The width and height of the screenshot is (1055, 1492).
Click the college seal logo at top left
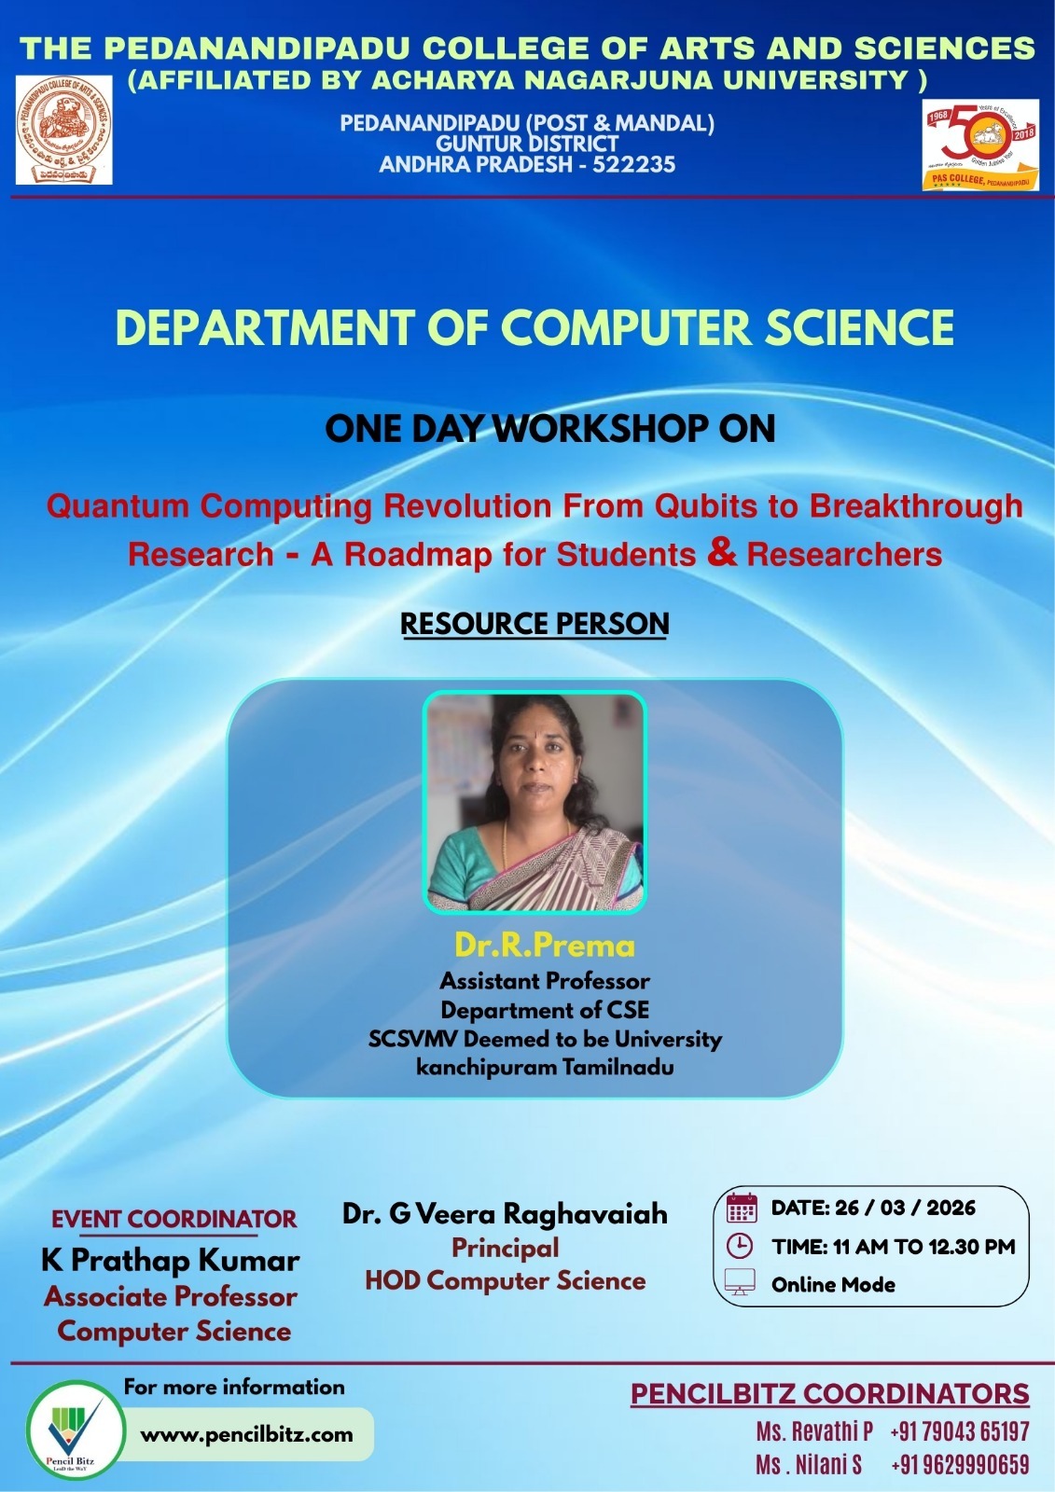pyautogui.click(x=63, y=131)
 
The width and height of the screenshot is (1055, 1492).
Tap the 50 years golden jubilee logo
pyautogui.click(x=979, y=145)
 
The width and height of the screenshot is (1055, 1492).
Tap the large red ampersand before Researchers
pyautogui.click(x=722, y=551)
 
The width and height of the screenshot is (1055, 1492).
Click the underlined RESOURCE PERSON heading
pyautogui.click(x=534, y=624)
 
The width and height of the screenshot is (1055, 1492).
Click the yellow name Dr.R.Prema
pyautogui.click(x=545, y=946)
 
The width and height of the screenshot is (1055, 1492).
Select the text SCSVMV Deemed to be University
pyautogui.click(x=545, y=1039)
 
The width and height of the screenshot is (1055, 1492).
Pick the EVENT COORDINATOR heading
pyautogui.click(x=174, y=1219)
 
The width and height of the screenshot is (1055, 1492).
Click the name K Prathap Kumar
pyautogui.click(x=171, y=1261)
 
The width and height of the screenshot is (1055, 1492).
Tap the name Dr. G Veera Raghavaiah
pyautogui.click(x=505, y=1213)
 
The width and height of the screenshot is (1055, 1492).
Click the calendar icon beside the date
pyautogui.click(x=741, y=1208)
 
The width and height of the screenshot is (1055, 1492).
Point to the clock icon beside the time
pyautogui.click(x=739, y=1246)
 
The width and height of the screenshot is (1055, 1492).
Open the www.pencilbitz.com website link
pyautogui.click(x=246, y=1434)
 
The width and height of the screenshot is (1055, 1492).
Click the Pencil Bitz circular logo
pyautogui.click(x=74, y=1430)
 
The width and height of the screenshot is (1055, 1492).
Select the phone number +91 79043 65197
pyautogui.click(x=959, y=1431)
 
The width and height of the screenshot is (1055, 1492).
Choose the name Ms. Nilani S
pyautogui.click(x=809, y=1465)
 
